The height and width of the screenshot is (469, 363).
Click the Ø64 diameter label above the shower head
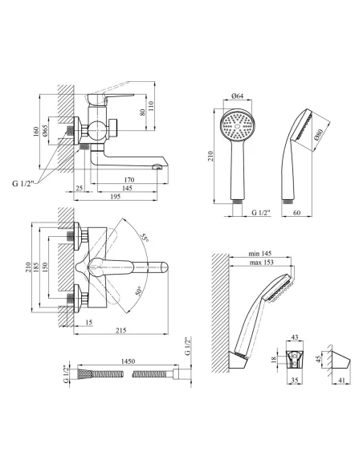tap(238, 96)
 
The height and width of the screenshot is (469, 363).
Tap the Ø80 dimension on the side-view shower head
tap(320, 135)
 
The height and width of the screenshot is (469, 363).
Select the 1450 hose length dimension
tap(128, 361)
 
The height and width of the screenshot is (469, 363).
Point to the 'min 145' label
tap(260, 253)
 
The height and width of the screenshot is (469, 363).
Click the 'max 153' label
tap(261, 263)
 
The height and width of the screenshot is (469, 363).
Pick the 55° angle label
tap(145, 238)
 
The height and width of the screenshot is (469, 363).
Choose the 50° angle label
tap(138, 291)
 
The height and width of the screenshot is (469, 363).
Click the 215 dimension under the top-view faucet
tap(120, 330)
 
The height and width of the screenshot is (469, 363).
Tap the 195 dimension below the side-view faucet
tap(116, 197)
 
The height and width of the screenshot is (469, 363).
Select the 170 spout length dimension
tap(128, 180)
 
